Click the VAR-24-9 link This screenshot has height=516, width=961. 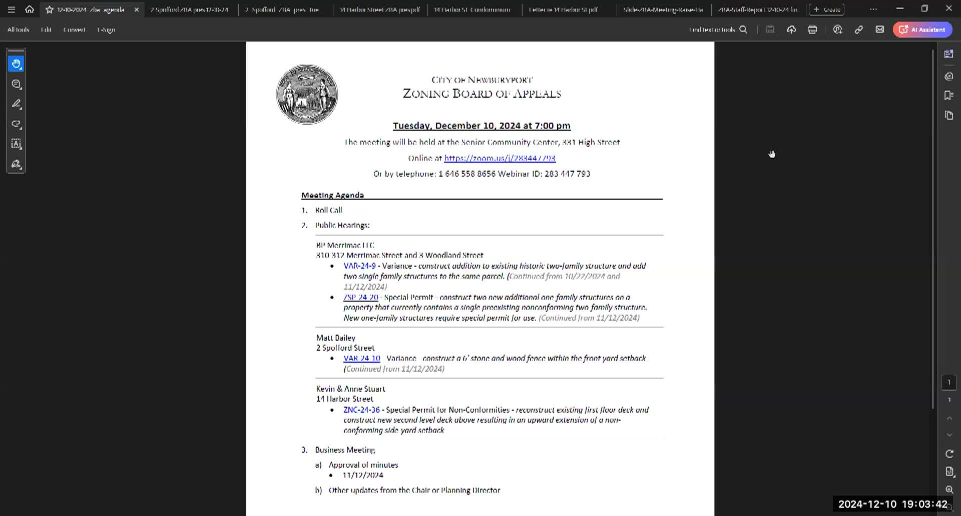point(359,266)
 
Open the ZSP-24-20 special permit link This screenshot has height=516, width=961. point(360,297)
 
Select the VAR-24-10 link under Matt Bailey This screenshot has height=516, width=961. point(361,358)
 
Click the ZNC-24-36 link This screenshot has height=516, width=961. point(361,410)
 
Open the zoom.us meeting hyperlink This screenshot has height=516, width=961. point(500,158)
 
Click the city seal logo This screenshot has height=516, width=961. point(307,94)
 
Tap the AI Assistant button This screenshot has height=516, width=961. point(922,29)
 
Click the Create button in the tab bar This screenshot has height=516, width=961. point(826,9)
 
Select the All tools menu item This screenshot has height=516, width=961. point(18,29)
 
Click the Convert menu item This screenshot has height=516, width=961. point(74,29)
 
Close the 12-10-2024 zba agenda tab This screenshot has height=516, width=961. point(137,9)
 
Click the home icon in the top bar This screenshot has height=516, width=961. point(30,9)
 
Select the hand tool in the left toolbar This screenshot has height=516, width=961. point(17,63)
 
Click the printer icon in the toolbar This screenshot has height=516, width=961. point(812,29)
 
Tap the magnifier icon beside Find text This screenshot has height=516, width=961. point(743,29)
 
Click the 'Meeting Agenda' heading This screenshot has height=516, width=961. point(332,195)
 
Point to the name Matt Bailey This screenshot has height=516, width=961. point(335,338)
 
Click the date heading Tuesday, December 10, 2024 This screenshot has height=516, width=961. point(482,125)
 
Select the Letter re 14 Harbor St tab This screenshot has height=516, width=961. point(563,9)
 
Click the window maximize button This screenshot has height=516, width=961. point(924,8)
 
